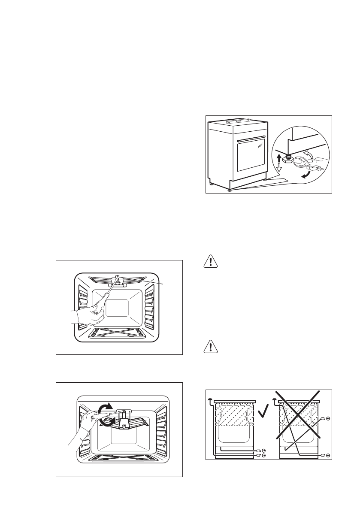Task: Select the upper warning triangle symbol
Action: [210, 261]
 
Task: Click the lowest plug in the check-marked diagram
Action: [263, 454]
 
